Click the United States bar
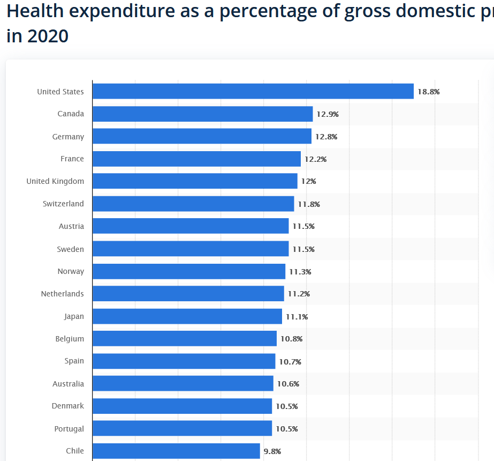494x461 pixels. point(253,91)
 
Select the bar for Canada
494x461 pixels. point(202,114)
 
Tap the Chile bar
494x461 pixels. point(176,451)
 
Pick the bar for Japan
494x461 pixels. point(187,316)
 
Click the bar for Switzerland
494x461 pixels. point(193,204)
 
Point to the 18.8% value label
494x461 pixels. point(428,92)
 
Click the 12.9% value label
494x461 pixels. point(328,114)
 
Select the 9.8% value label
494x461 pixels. point(272,451)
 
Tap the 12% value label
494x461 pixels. point(308,181)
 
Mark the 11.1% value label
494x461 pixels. point(297,317)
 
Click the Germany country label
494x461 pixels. point(68,137)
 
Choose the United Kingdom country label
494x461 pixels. point(55,181)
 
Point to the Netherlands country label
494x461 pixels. point(62,294)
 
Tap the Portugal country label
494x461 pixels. point(69,429)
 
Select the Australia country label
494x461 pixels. point(68,384)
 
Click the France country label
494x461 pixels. point(72,159)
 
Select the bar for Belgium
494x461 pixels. point(184,339)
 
